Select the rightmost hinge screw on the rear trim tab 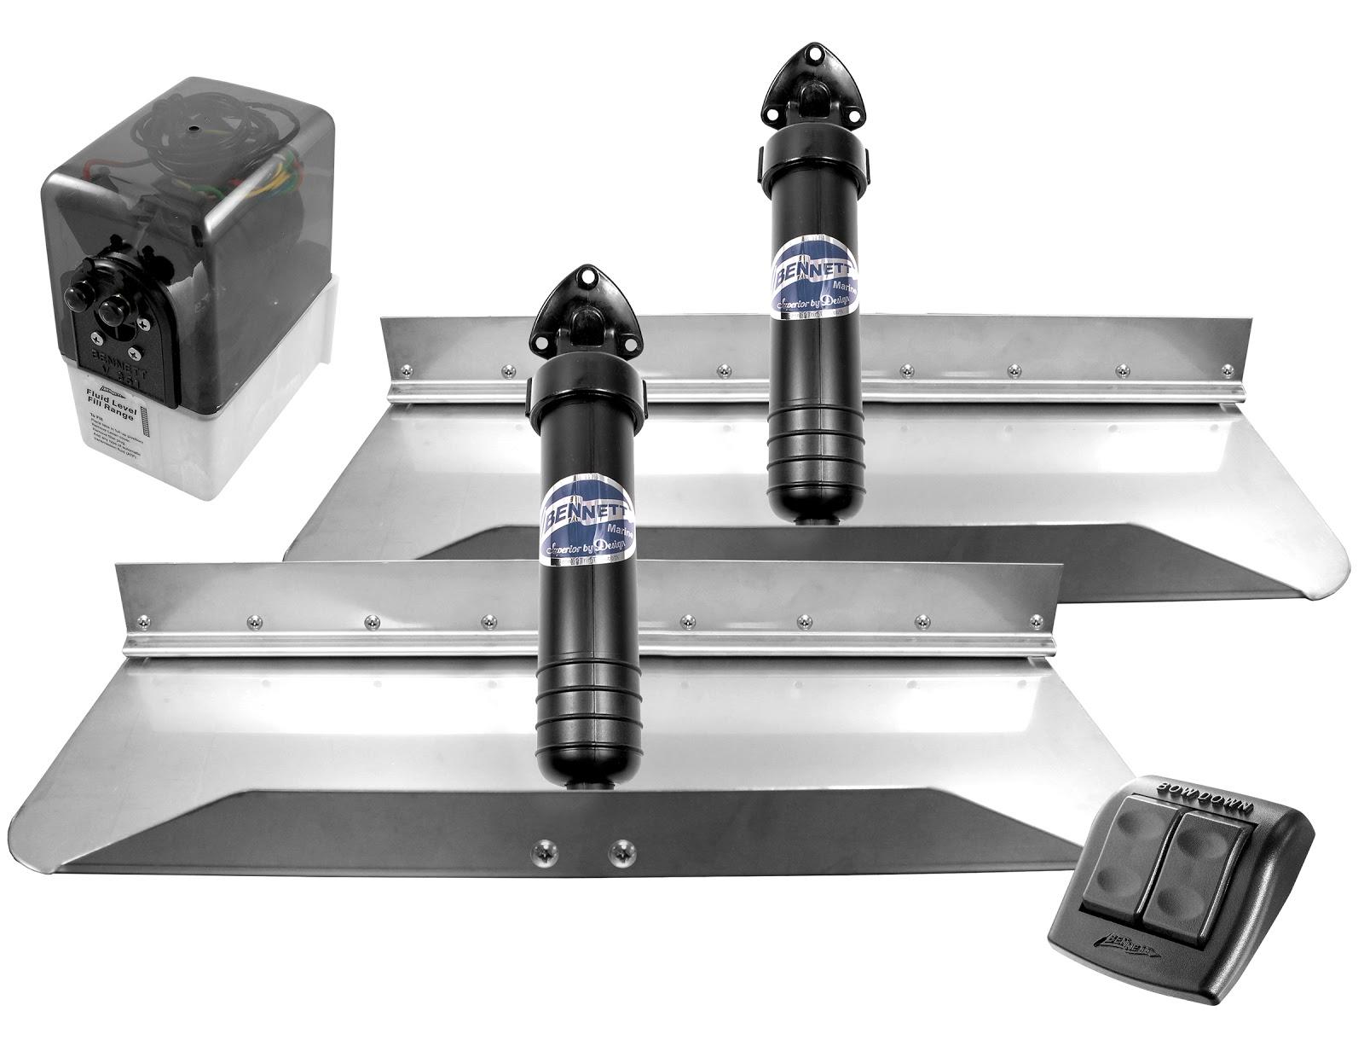[1228, 369]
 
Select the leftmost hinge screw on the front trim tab [252, 621]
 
